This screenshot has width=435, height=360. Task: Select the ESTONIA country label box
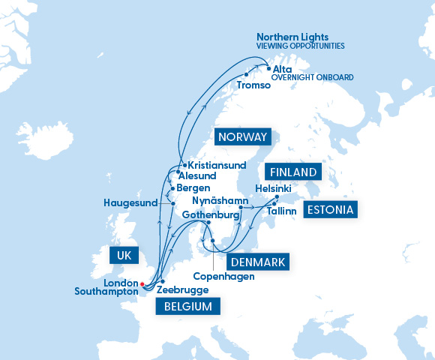pyautogui.click(x=329, y=209)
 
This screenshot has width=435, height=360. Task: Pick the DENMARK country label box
pyautogui.click(x=256, y=262)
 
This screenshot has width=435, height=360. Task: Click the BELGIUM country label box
pyautogui.click(x=187, y=306)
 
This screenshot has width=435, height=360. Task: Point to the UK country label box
pyautogui.click(x=124, y=255)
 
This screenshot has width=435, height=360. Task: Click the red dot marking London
pyautogui.click(x=142, y=283)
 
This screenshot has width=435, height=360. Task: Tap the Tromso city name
pyautogui.click(x=253, y=85)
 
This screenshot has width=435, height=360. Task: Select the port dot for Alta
pyautogui.click(x=268, y=69)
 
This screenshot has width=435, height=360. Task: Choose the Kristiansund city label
pyautogui.click(x=217, y=165)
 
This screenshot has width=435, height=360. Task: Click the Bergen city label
pyautogui.click(x=194, y=188)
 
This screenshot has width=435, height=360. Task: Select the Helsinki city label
pyautogui.click(x=273, y=187)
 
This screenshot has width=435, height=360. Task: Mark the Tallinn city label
pyautogui.click(x=281, y=211)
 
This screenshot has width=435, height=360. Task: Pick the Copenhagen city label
pyautogui.click(x=223, y=276)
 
